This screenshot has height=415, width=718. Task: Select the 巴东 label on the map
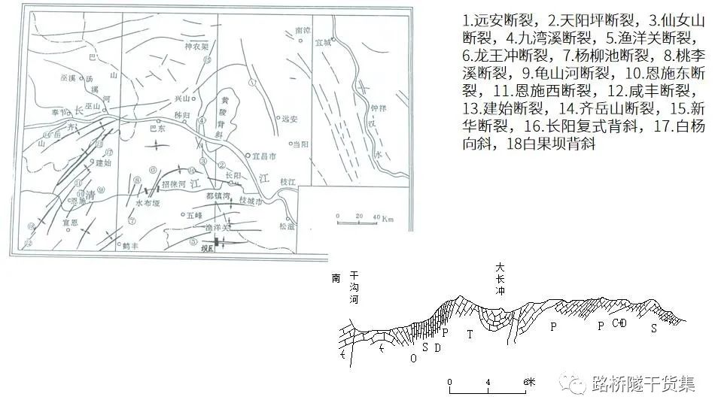coord(157,129)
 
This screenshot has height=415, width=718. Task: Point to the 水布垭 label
coord(146,203)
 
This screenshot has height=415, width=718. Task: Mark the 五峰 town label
coord(186,214)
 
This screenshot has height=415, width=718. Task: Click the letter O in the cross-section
coord(412,358)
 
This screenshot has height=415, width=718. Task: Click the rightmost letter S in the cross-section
coord(653,329)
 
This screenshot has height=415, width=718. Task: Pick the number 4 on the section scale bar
coord(488,382)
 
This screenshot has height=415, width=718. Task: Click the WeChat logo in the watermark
coord(576,385)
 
